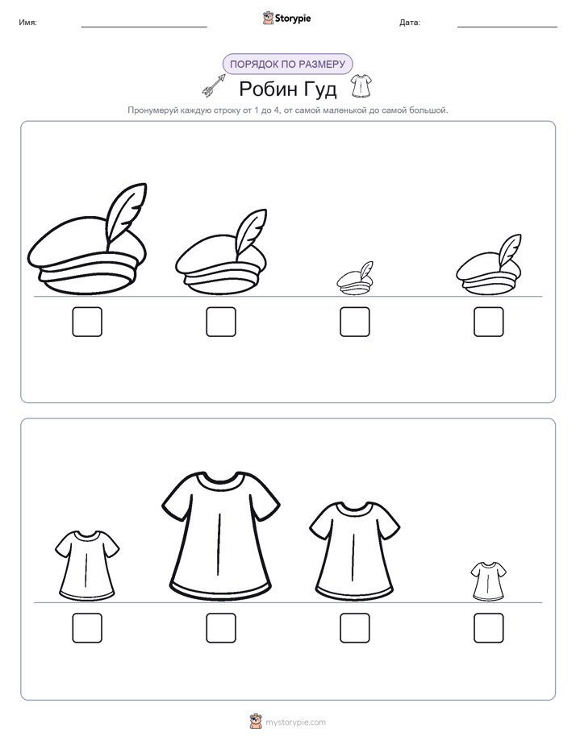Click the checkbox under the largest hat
pos(87,322)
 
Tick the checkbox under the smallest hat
pos(354,322)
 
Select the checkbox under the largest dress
pos(221,627)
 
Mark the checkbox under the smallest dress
pos(489,627)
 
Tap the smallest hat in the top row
pos(354,278)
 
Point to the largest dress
pos(220,533)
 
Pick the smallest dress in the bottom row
pos(489,581)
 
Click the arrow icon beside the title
pos(214,85)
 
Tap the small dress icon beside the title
pos(361,86)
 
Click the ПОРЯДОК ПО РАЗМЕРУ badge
pos(287,65)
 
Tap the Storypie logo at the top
pos(286,18)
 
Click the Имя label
pos(27,23)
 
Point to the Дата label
pos(410,23)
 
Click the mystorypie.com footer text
pos(295,722)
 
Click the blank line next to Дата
pos(507,27)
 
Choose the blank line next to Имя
pos(144,27)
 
